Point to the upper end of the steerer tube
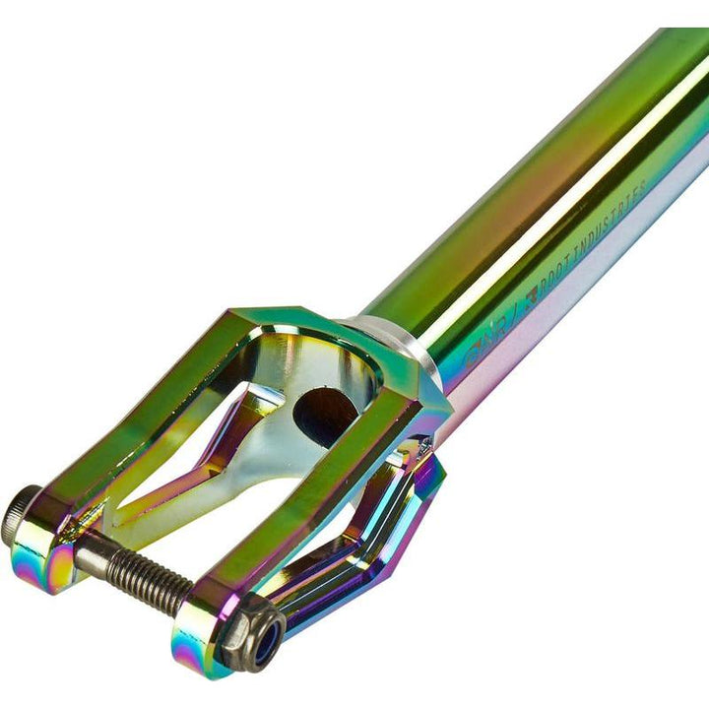[679, 59]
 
